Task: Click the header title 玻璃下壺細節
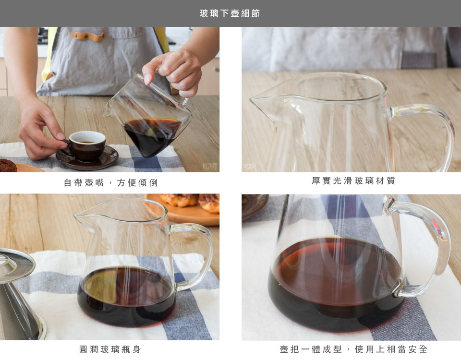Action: [x=230, y=13]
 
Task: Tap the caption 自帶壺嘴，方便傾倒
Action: [x=111, y=182]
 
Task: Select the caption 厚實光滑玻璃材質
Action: [x=353, y=180]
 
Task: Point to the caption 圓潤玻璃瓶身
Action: [x=110, y=349]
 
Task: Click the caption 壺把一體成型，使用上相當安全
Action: [x=353, y=349]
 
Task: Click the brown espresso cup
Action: [x=86, y=146]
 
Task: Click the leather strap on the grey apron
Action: [x=88, y=36]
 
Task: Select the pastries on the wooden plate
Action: [x=190, y=202]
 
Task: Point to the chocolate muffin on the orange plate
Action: [x=8, y=165]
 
